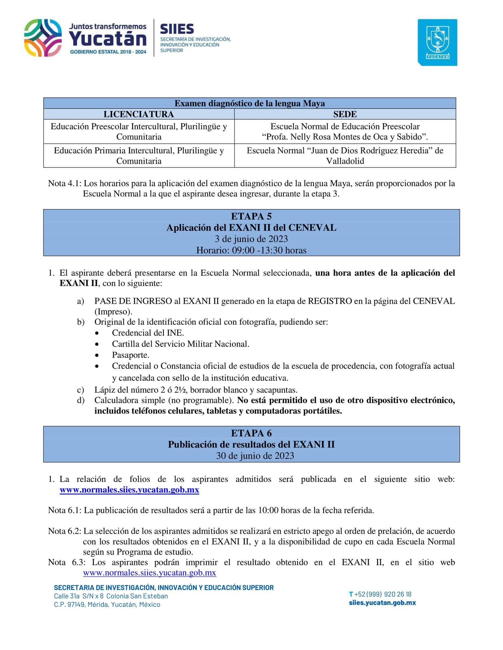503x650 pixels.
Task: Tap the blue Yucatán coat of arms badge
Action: coord(437,43)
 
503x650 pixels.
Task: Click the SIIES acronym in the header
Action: coord(177,29)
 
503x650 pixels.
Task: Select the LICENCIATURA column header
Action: coord(139,114)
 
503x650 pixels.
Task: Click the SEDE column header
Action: coord(345,114)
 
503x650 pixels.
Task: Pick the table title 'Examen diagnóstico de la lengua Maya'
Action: coord(250,103)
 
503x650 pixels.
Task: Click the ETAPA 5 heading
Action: coord(251,216)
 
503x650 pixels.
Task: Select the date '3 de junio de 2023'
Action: coord(251,239)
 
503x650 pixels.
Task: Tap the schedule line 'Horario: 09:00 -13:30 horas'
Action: coord(251,250)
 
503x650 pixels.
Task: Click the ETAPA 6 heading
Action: coord(251,433)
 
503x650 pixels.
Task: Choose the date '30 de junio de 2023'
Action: coord(255,456)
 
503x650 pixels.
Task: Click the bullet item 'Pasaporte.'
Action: coord(131,355)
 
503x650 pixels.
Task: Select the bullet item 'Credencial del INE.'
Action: coord(148,333)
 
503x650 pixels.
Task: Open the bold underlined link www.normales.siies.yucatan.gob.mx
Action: coord(129,490)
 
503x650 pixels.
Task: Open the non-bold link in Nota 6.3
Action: coord(149,573)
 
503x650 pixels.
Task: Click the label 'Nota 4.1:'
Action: coord(65,183)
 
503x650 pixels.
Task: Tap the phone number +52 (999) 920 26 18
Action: coord(383,594)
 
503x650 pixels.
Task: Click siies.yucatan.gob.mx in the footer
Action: coord(382,603)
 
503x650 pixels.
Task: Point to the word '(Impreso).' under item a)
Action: coord(113,311)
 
